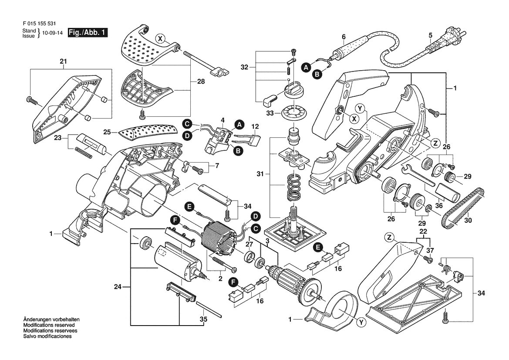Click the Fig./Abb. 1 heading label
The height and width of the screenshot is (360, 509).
coord(88,33)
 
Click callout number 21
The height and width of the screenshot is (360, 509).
coord(63,61)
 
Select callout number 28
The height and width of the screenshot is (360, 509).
coord(201,81)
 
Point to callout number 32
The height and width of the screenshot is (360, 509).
coord(244,67)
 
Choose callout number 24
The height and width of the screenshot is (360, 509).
coord(118,287)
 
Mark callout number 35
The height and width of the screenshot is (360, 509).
coord(203,319)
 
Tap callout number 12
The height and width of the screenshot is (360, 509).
coord(255,126)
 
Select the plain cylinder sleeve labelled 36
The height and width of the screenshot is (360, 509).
coord(447,193)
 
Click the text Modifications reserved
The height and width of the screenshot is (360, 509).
coord(49,325)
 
